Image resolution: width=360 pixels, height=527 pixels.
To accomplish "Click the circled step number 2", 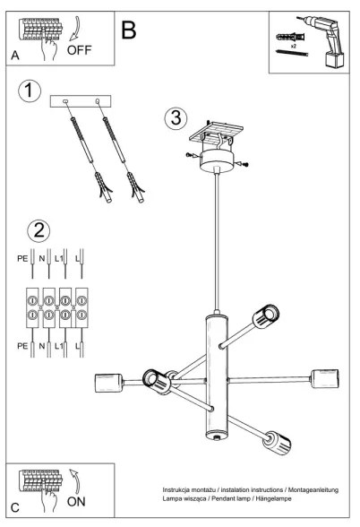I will pos(39,230).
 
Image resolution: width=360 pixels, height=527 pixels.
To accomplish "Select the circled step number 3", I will pos(176,118).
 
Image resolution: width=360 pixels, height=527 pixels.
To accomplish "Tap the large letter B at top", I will pos(129,30).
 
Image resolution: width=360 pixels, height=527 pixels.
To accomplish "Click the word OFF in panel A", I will pos(79,50).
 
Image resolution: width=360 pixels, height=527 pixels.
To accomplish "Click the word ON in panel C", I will pos(77,502).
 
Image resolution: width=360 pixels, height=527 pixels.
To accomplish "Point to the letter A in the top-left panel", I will pos(15,55).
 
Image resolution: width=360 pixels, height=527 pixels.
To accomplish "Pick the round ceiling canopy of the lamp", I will pos(218,160).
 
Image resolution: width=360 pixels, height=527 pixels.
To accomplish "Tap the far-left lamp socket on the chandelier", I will pos(107,384).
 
